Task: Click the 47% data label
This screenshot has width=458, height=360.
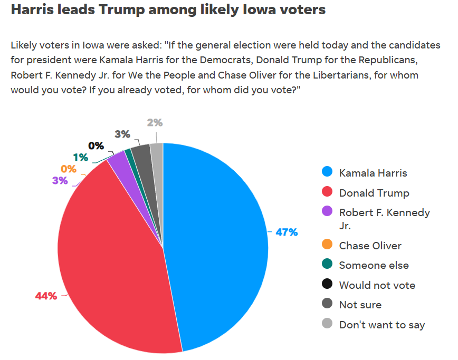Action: (x=287, y=232)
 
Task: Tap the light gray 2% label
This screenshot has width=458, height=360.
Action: (x=155, y=123)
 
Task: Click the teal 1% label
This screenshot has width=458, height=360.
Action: (x=81, y=157)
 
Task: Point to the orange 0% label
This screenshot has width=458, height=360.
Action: (x=69, y=169)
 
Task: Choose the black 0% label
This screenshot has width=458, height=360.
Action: (x=96, y=145)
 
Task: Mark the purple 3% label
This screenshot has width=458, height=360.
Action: (x=60, y=181)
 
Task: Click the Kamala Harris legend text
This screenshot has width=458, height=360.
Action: (x=373, y=173)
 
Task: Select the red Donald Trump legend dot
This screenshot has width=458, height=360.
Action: (x=328, y=192)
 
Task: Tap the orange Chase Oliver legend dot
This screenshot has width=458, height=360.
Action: (x=328, y=245)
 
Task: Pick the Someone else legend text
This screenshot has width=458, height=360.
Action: (x=374, y=265)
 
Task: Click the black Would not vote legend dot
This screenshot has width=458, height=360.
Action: (x=328, y=285)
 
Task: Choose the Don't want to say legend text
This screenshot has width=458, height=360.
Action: (x=381, y=325)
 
